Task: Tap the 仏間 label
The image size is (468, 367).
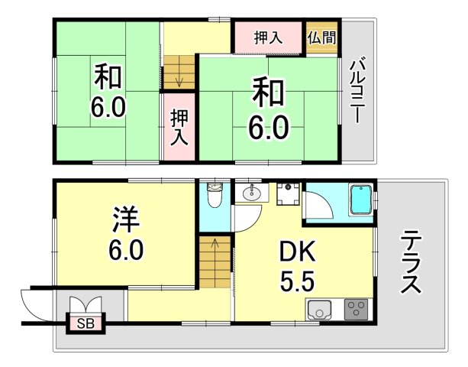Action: coord(321,37)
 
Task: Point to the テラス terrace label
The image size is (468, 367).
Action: coord(410,263)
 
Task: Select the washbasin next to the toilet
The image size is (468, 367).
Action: coord(251,194)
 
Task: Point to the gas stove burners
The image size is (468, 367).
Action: coord(355,310)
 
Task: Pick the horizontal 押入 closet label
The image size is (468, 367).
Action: coord(268,37)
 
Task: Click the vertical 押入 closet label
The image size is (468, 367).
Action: coord(179,127)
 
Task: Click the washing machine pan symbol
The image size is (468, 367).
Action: coord(288,195)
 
